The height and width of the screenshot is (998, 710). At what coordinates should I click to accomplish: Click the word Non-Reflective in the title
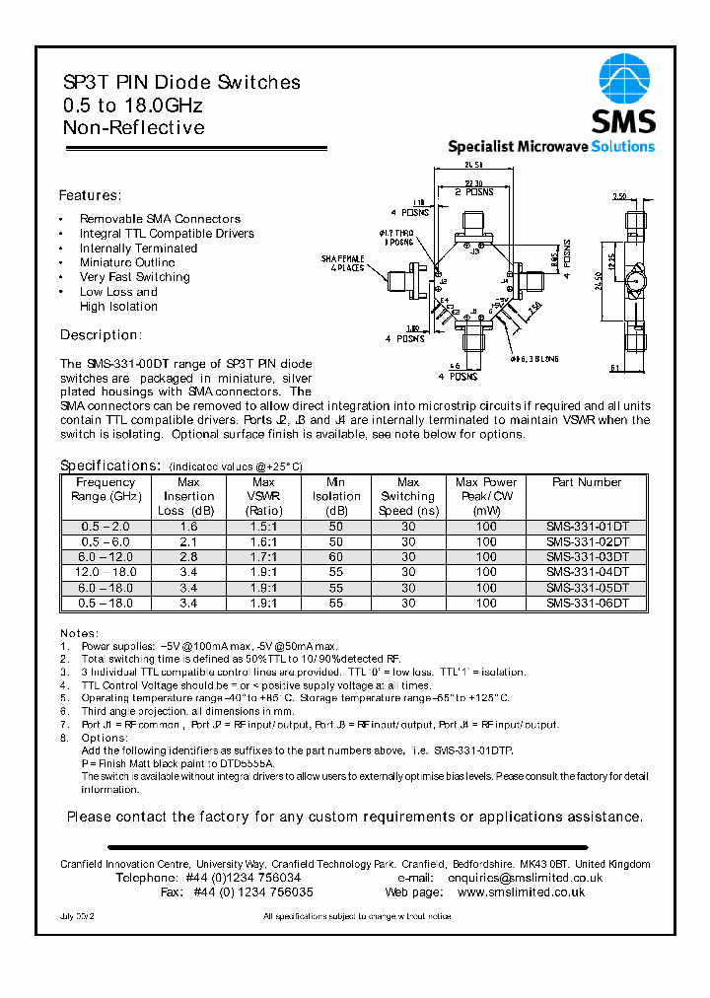coord(134,128)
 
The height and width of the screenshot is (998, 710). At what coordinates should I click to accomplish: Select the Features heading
coord(90,195)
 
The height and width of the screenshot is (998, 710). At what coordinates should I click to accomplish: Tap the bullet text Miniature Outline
coord(127,262)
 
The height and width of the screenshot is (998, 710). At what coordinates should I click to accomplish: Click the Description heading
coord(101,335)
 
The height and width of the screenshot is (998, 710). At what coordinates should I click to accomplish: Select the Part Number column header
coord(587,482)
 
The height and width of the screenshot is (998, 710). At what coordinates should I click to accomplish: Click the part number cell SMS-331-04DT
coord(587,572)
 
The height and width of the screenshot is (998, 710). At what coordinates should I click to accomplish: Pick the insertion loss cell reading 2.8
coord(188,557)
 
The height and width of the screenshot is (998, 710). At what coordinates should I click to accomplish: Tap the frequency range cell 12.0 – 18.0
coord(105,572)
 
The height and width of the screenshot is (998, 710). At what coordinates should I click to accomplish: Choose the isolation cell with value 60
coord(336,557)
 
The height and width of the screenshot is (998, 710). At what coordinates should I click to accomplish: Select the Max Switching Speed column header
coord(407,496)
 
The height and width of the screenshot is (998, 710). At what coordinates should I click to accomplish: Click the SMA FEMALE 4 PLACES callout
coord(342,262)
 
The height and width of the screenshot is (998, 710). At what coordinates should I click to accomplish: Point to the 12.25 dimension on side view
coord(613,261)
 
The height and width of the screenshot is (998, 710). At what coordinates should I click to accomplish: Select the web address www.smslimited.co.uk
coord(521,891)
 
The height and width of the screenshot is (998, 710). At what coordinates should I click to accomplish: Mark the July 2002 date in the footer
coord(81,917)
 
